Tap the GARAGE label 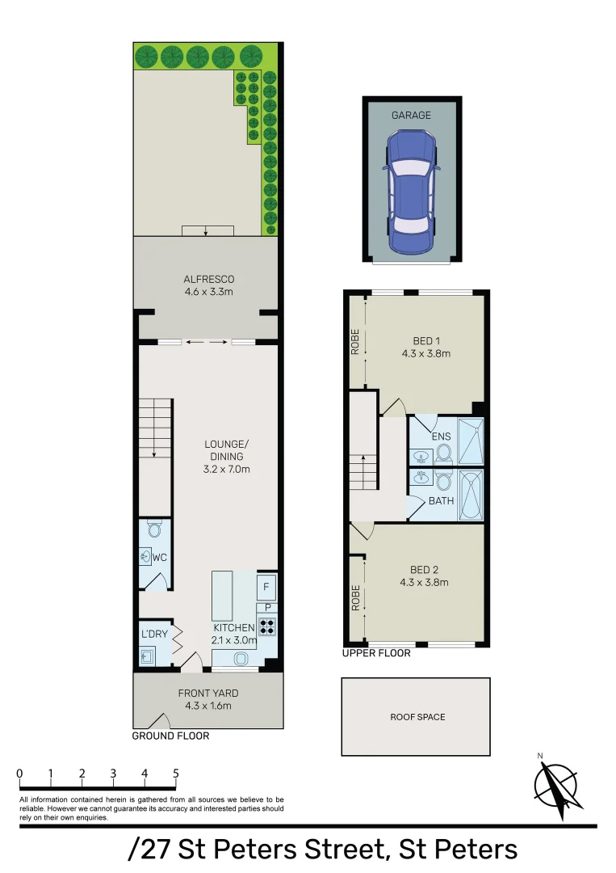[412, 116]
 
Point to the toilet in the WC [155, 529]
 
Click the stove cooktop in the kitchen [266, 626]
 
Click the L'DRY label [154, 634]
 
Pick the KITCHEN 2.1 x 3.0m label [234, 635]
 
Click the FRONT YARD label [208, 699]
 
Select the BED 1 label [425, 347]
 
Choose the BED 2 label [424, 576]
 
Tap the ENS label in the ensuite [441, 437]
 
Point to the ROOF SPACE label [417, 717]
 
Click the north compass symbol [556, 786]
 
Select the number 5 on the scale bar [176, 774]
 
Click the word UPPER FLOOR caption [376, 653]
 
